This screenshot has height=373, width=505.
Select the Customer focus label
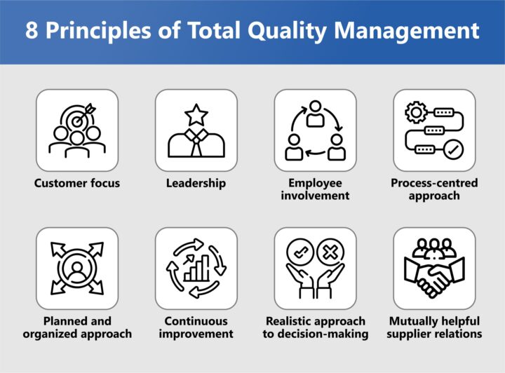[x=77, y=183]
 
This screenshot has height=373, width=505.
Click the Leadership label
[x=196, y=183]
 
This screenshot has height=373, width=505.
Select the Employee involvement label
[x=315, y=189]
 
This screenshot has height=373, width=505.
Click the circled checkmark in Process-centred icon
[x=453, y=149]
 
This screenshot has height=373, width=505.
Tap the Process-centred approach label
[x=434, y=189]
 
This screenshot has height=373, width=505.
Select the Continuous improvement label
[x=196, y=327]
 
